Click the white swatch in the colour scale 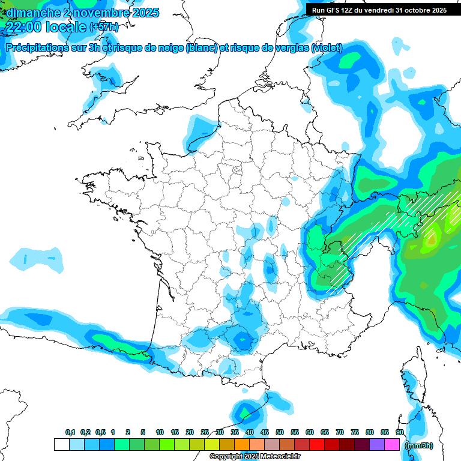pos(61,445)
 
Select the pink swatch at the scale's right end pos(393,445)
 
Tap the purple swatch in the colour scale pos(377,445)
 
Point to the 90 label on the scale pos(400,432)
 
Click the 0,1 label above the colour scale pos(70,432)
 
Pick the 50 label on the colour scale pos(280,432)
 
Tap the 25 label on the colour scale pos(205,432)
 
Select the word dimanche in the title pos(30,12)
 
